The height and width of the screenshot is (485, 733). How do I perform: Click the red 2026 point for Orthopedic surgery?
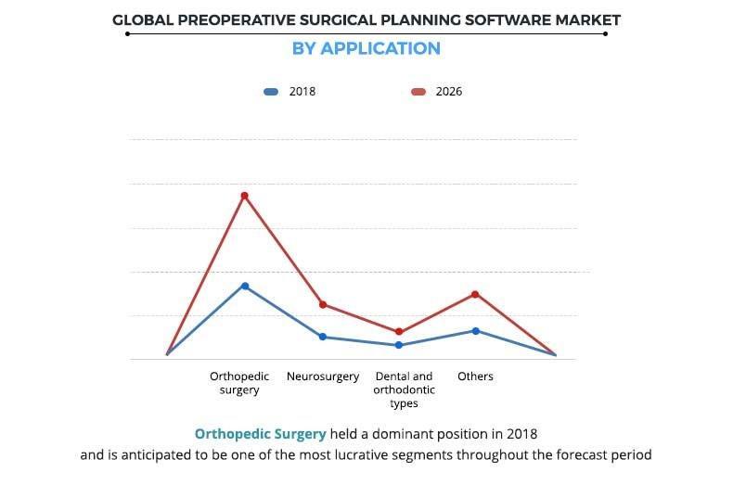pyautogui.click(x=245, y=196)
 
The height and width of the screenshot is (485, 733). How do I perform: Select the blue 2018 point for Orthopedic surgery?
pyautogui.click(x=245, y=286)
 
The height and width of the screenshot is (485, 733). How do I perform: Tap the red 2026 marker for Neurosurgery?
pyautogui.click(x=323, y=304)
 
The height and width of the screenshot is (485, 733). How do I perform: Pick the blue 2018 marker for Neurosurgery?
pyautogui.click(x=323, y=337)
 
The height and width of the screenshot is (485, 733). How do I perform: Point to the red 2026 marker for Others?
pyautogui.click(x=475, y=294)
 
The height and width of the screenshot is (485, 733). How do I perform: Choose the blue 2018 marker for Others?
pyautogui.click(x=475, y=330)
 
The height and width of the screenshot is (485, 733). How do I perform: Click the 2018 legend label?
pyautogui.click(x=302, y=92)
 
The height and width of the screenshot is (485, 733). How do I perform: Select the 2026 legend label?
pyautogui.click(x=449, y=92)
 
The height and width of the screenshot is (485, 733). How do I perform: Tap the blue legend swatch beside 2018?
pyautogui.click(x=271, y=92)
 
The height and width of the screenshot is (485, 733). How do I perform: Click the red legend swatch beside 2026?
pyautogui.click(x=418, y=92)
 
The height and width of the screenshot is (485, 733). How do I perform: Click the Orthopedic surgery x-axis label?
pyautogui.click(x=239, y=383)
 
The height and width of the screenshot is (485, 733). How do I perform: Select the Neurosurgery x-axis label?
pyautogui.click(x=323, y=377)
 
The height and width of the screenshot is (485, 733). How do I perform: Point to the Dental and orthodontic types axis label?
pyautogui.click(x=404, y=389)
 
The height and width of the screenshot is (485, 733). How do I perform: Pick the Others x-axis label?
pyautogui.click(x=475, y=377)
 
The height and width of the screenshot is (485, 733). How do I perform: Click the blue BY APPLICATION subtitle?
pyautogui.click(x=366, y=48)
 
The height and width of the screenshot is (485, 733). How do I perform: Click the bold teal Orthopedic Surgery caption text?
pyautogui.click(x=260, y=434)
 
